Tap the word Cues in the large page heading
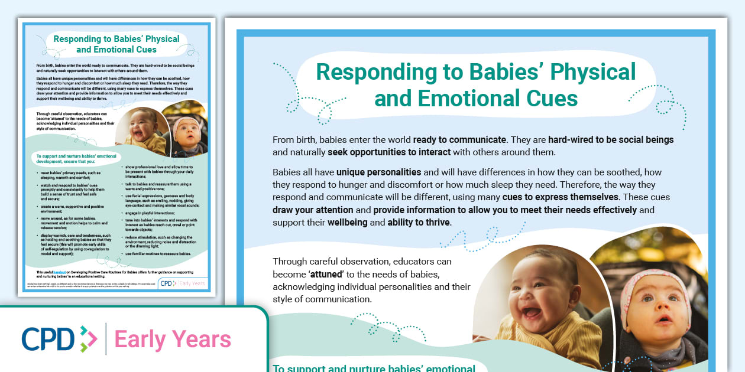point(548,98)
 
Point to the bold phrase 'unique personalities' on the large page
point(378,172)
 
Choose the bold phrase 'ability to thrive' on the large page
point(418,223)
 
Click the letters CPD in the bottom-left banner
point(48,339)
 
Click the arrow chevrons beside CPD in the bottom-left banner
point(88,340)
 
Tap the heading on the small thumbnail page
point(116,44)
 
